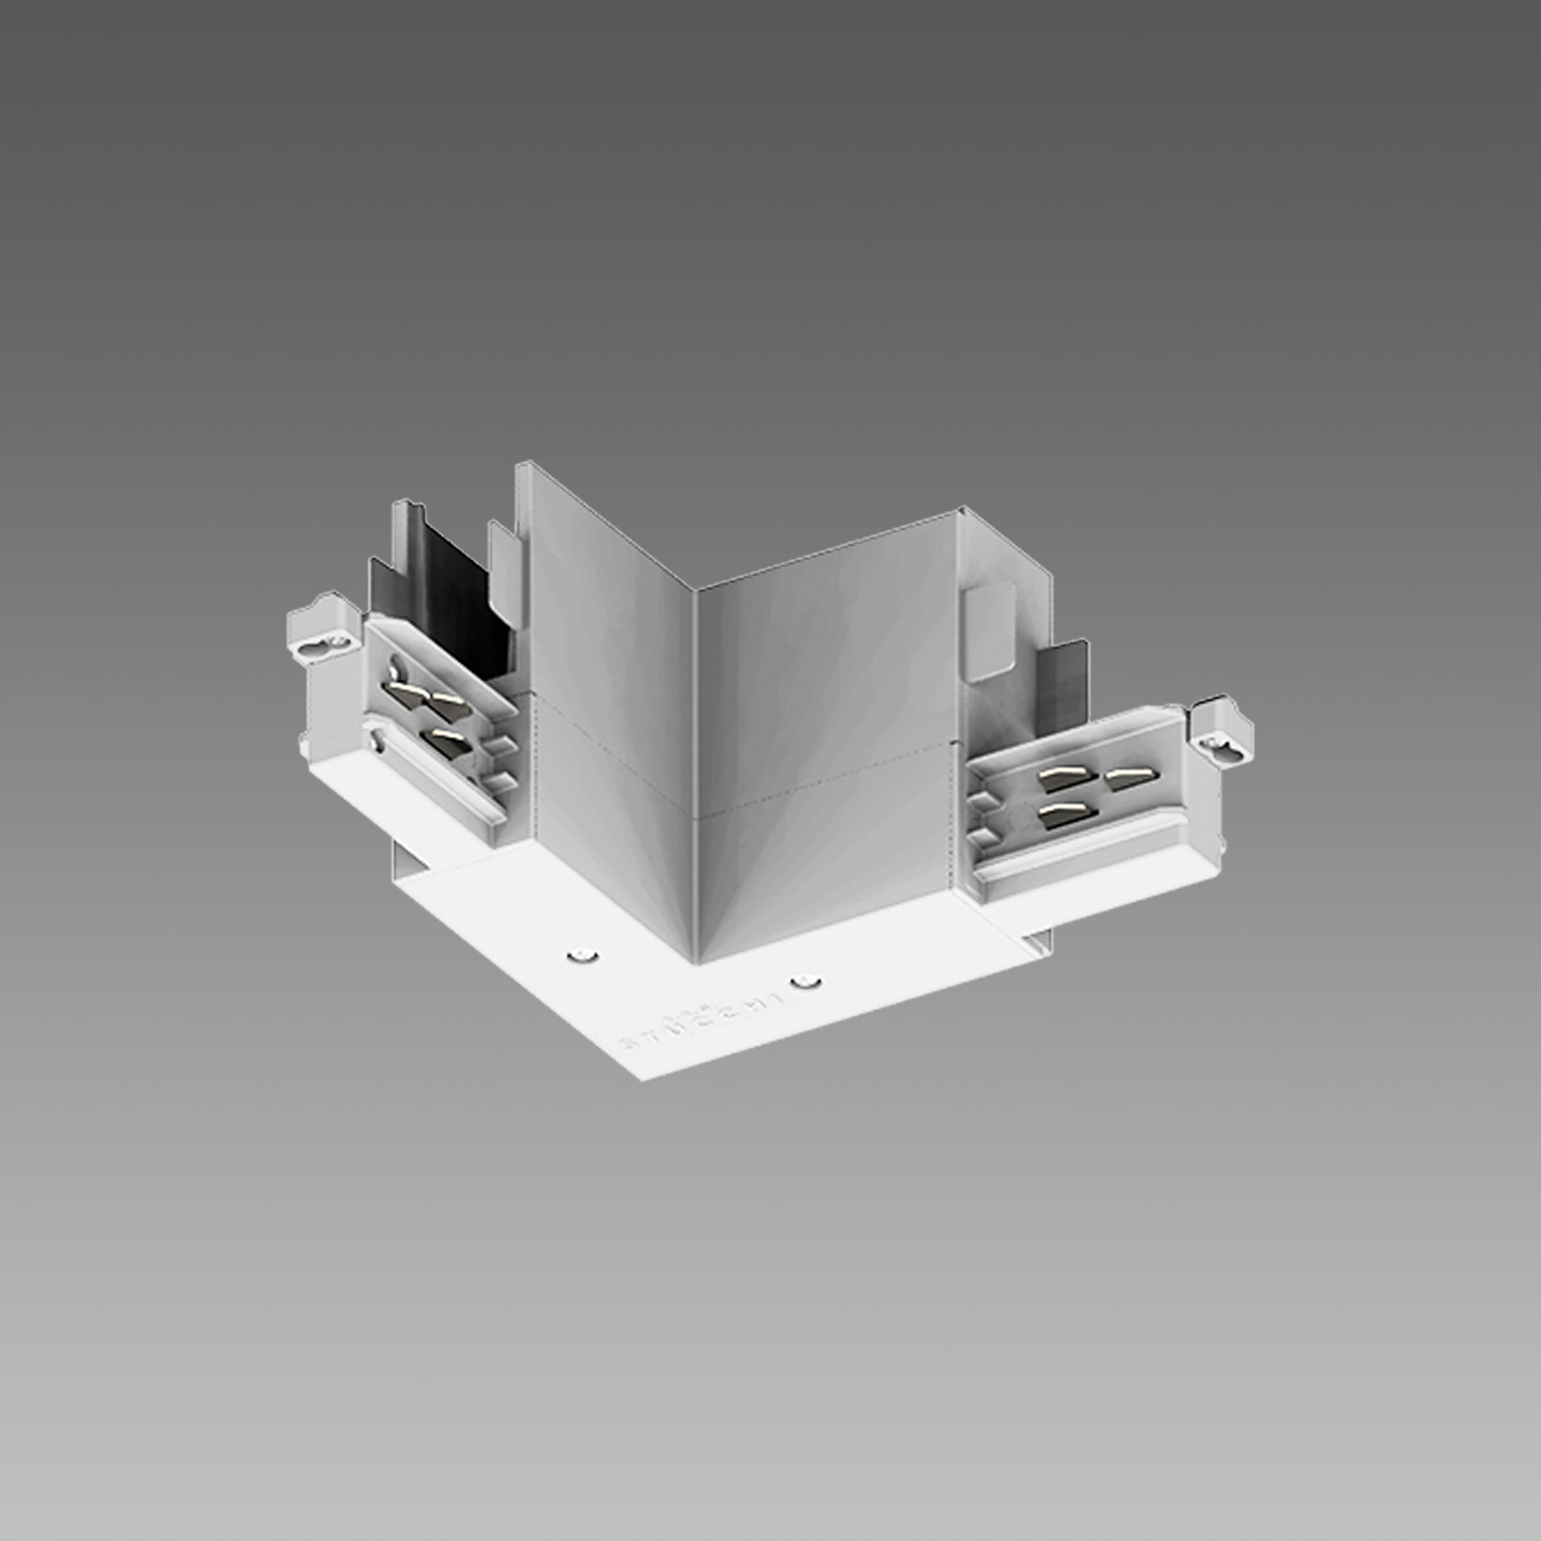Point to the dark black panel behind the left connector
point(447,606)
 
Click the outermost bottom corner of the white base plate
point(643,1078)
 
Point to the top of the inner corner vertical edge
point(695,591)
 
